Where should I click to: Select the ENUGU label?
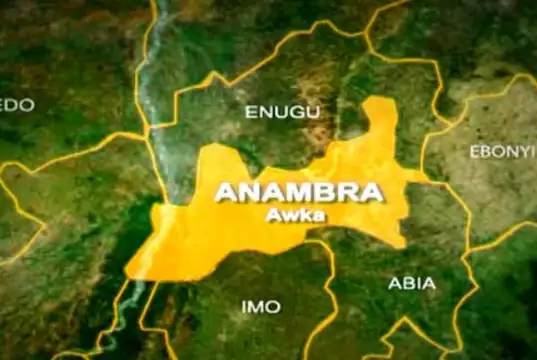point(282,111)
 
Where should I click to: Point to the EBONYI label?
point(502,151)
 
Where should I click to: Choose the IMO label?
point(261,306)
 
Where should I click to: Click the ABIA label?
point(411,283)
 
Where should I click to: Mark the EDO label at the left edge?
point(17,105)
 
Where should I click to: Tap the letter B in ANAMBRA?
point(314,192)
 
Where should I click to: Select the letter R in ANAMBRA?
point(336,192)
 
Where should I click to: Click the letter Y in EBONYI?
point(521,151)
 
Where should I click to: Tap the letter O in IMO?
point(274,306)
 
